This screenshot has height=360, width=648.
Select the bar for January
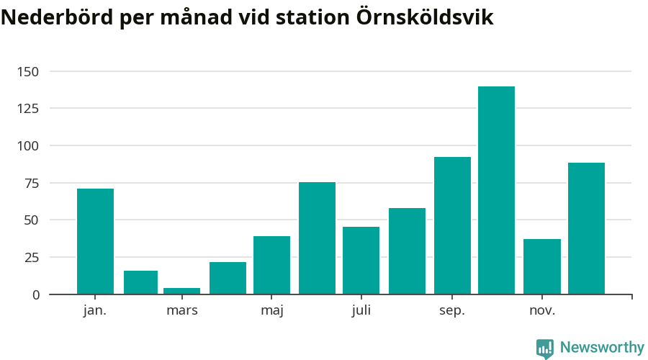95,241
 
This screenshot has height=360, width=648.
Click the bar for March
181,291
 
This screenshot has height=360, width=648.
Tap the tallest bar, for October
496,190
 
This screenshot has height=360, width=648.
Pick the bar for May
271,265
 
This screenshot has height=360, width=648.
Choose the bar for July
361,260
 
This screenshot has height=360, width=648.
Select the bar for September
452,225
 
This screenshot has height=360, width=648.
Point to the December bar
586,228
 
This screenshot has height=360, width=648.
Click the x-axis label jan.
95,311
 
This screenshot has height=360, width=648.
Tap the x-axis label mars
181,311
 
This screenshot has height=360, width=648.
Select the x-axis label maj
271,311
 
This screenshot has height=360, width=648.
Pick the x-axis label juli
361,311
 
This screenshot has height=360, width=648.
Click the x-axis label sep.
452,311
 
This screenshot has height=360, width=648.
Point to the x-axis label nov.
541,311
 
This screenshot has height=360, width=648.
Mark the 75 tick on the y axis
32,183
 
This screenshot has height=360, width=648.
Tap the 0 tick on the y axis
36,294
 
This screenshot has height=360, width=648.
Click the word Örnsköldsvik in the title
425,18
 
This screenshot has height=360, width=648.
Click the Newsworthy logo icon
545,348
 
